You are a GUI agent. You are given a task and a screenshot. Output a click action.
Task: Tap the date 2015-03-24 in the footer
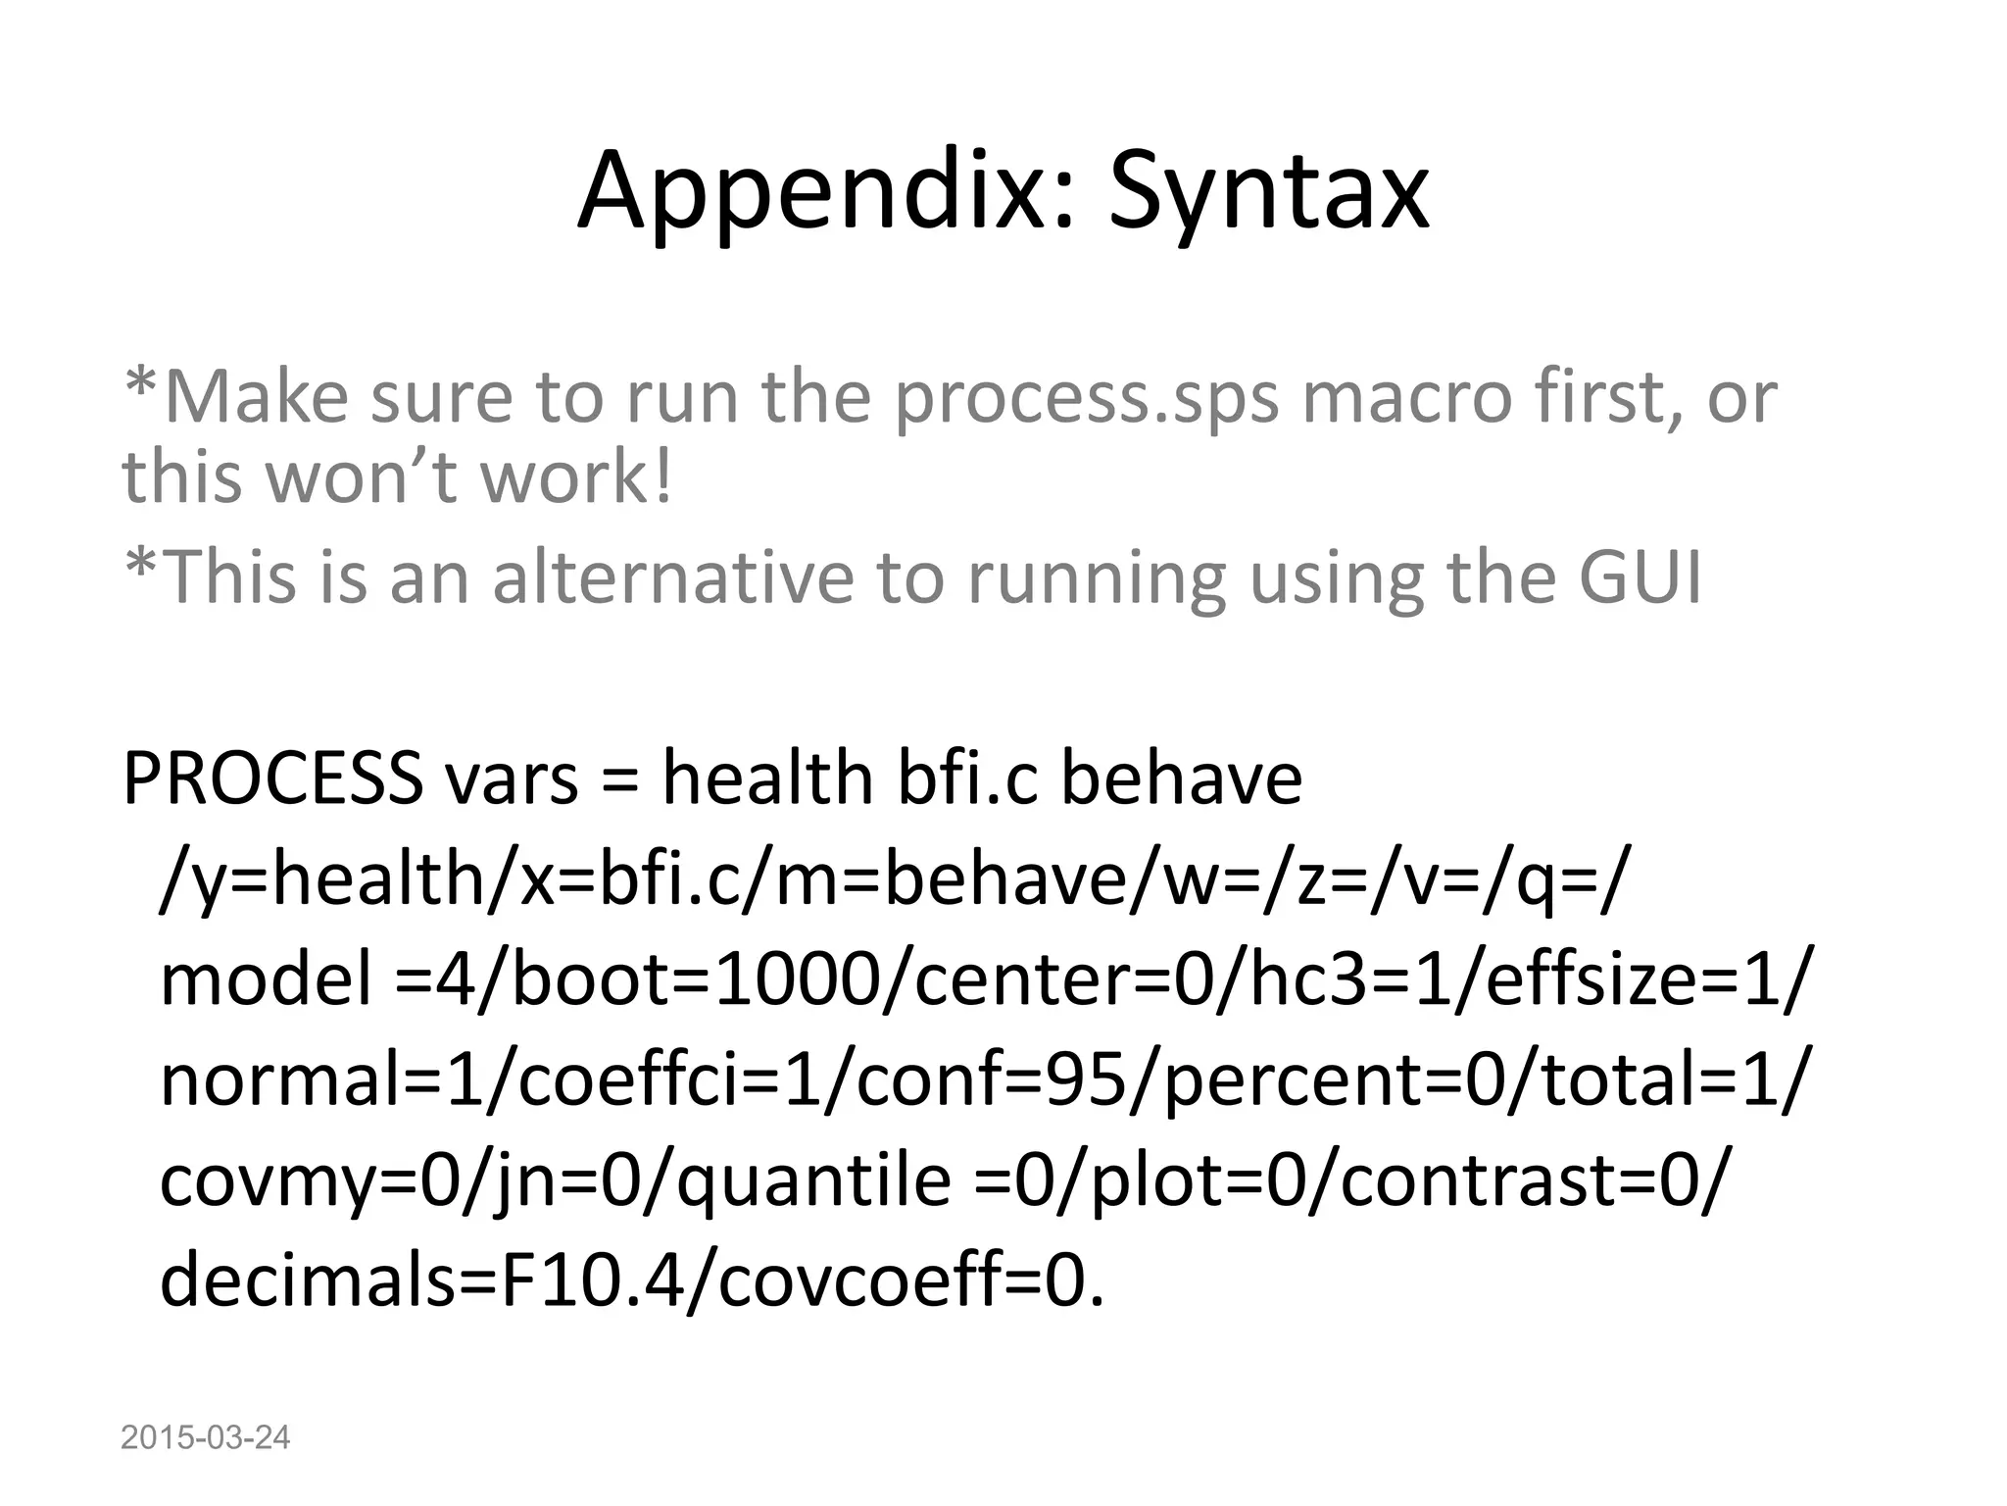coord(206,1437)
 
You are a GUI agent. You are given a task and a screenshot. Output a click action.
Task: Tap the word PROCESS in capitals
coord(272,778)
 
